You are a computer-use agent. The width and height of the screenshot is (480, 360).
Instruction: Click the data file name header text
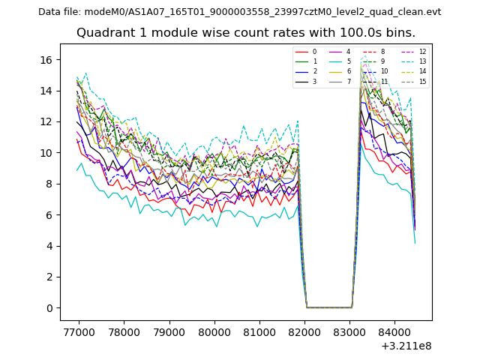[239, 12]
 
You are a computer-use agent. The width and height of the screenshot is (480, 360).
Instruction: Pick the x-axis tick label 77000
[78, 331]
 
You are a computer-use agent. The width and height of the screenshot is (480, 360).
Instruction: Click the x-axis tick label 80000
[214, 331]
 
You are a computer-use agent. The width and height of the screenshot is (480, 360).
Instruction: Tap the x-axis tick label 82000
[305, 331]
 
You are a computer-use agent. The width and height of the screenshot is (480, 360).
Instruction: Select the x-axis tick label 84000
[397, 331]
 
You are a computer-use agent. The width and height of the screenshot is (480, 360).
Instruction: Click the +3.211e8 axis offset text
[406, 346]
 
